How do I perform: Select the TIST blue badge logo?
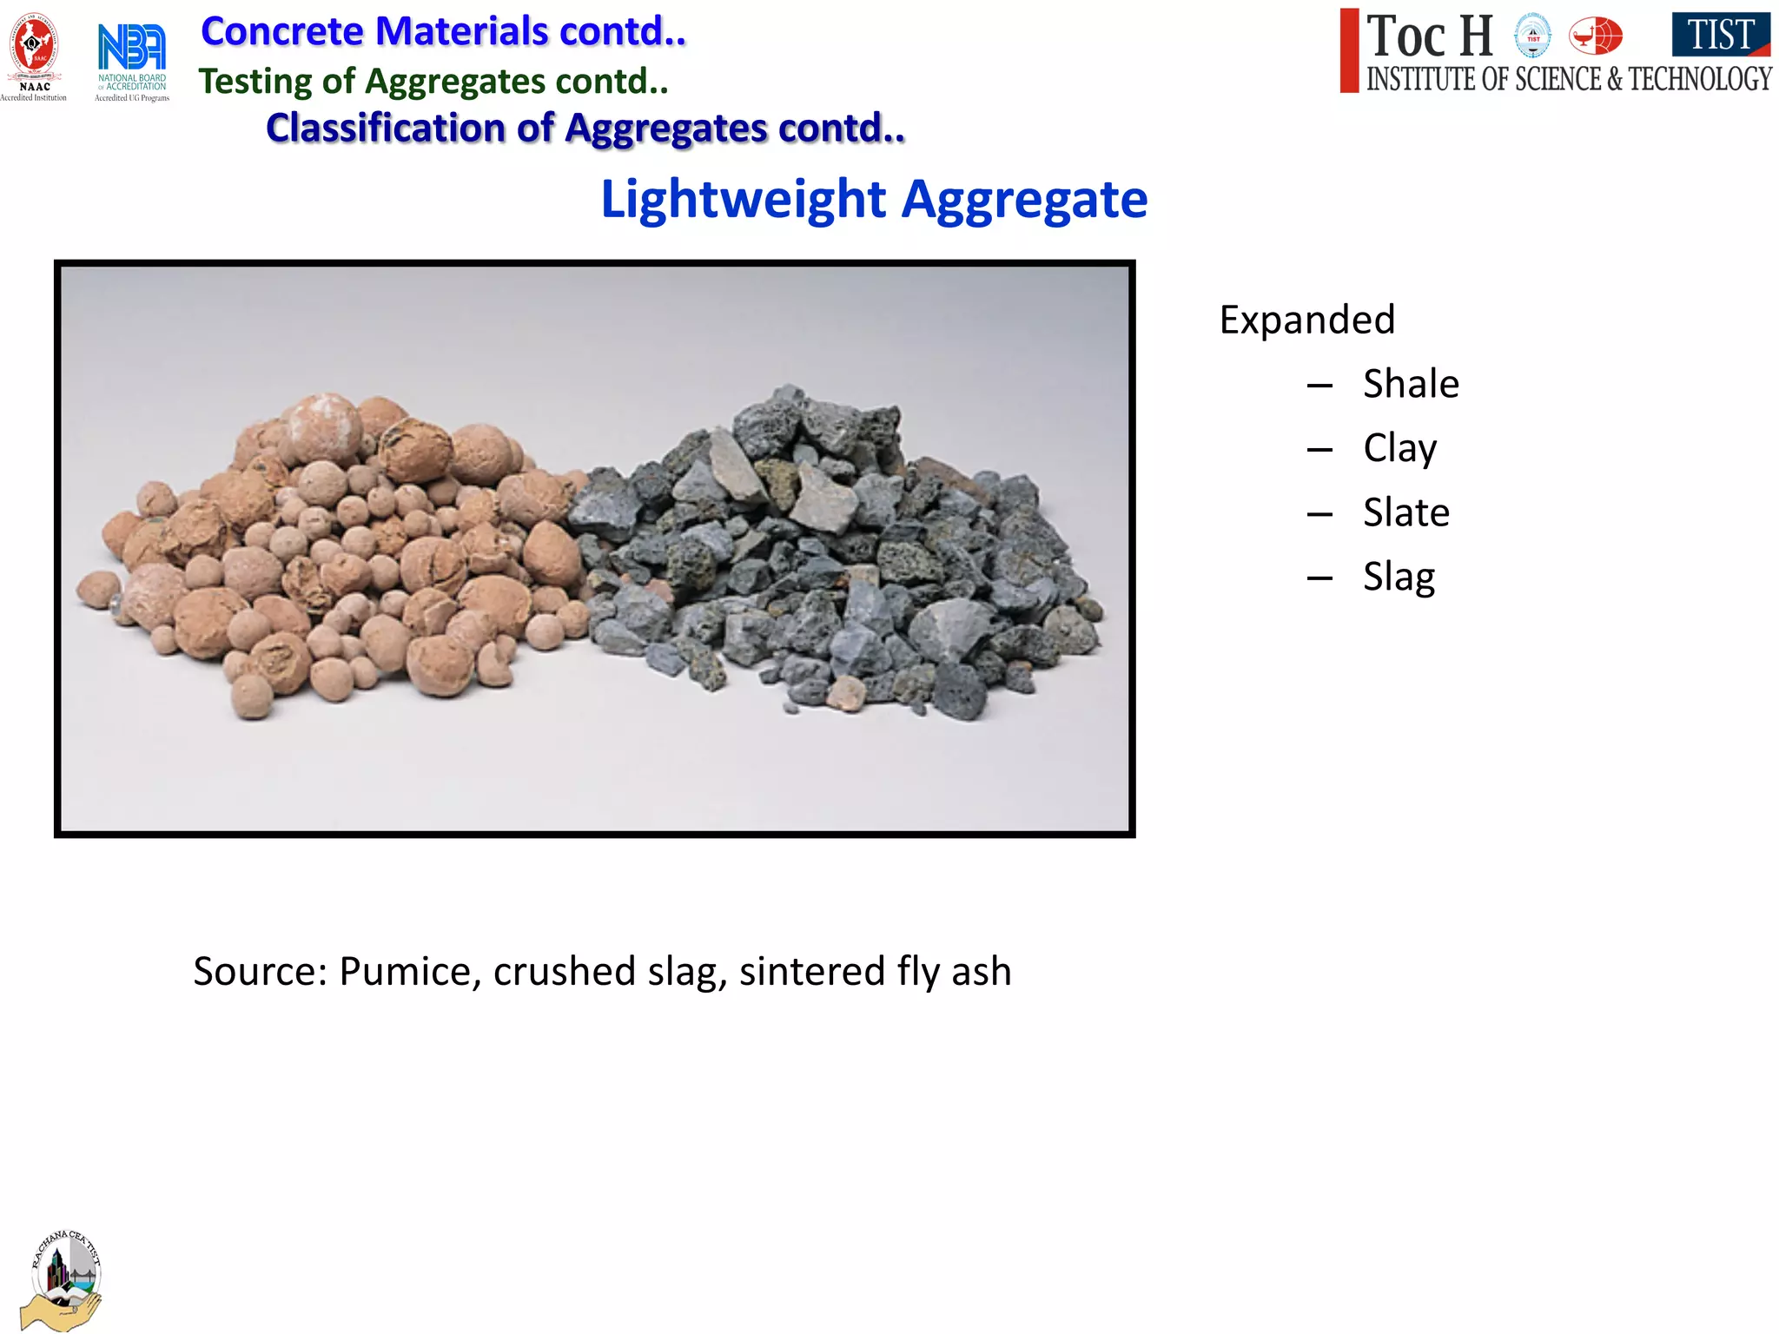[x=1720, y=35]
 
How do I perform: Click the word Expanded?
[x=1307, y=320]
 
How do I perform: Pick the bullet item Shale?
[x=1411, y=384]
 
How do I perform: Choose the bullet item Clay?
[x=1399, y=449]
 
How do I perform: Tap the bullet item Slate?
[x=1405, y=512]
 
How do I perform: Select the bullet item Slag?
[x=1399, y=577]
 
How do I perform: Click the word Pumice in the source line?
[x=410, y=971]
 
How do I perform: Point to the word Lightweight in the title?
[x=744, y=200]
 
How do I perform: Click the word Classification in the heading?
[x=385, y=128]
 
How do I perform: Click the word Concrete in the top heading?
[x=282, y=31]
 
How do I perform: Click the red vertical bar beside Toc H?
[x=1349, y=50]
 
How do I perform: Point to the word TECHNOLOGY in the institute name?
[x=1700, y=79]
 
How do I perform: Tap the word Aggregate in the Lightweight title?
[x=1024, y=200]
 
